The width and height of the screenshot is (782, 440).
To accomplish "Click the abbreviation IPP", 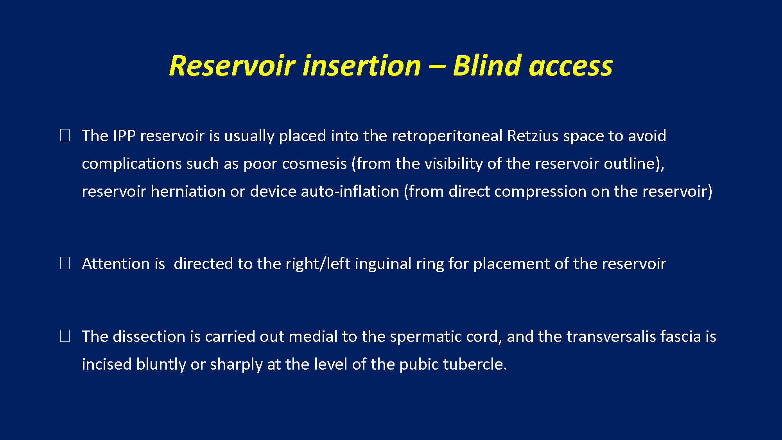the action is point(124,136).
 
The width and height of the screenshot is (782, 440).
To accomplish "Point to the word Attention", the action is point(116,264).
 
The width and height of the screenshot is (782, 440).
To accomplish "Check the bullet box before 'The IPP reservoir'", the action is point(65,135).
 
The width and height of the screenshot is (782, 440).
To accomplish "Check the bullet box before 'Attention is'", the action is point(65,263).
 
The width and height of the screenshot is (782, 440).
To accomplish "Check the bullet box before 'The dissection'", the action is point(65,336).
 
